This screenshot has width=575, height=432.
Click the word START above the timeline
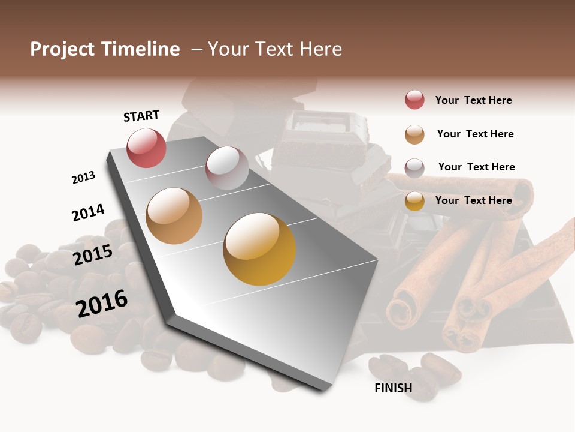(141, 116)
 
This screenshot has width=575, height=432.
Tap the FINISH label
(394, 388)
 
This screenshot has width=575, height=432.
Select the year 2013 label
(83, 178)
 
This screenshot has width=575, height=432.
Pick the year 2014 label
(88, 212)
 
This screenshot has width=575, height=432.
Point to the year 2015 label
(93, 254)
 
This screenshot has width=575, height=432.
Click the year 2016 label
(102, 304)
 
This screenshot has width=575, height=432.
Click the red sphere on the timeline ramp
(147, 148)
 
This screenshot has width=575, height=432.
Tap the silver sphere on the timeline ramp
(227, 168)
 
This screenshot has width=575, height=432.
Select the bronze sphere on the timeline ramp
(174, 216)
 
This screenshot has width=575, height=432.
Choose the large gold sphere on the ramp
(259, 249)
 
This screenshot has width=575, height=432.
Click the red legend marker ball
(414, 100)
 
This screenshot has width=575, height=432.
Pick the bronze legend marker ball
(414, 134)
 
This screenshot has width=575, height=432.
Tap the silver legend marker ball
(414, 167)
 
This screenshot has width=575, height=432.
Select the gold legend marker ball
(414, 201)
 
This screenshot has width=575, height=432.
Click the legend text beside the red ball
(473, 100)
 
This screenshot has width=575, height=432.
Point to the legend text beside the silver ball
(476, 167)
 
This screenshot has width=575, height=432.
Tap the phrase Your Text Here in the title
(275, 49)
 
